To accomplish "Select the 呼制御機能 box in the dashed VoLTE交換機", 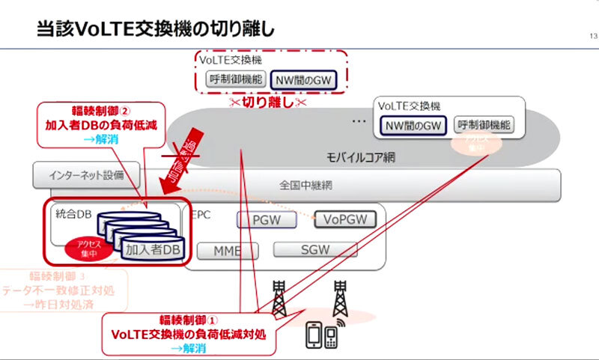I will pos(234,78).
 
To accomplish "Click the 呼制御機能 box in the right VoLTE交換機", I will pos(483,125).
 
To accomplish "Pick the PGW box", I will pos(267,220).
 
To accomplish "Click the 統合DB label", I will pos(73,213).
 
